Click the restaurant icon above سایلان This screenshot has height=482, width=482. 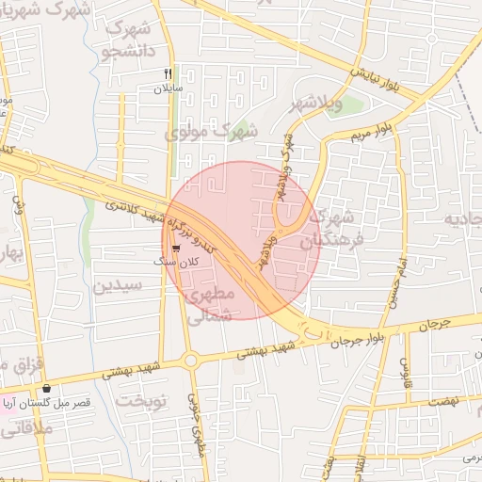coord(168,73)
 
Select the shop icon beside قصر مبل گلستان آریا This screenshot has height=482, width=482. coord(46,388)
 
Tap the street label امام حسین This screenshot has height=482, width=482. coord(394,282)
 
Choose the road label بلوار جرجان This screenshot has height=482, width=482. coord(357,338)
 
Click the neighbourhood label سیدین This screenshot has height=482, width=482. coord(118,284)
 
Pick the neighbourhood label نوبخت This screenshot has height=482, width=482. coord(140,400)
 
